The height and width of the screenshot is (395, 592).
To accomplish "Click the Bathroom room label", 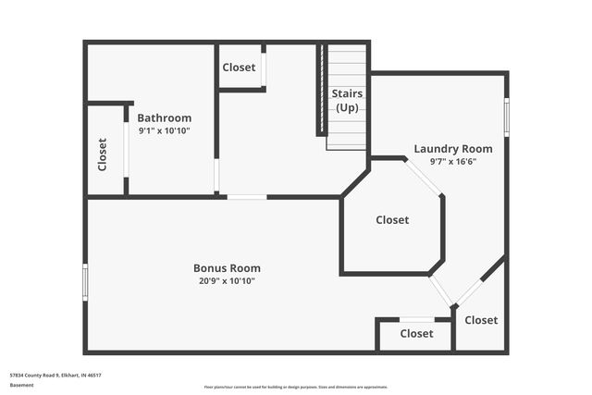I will (x=165, y=117).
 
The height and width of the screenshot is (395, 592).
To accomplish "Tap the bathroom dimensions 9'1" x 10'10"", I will (x=165, y=131).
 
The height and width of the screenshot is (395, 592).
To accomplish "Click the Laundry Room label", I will (x=452, y=148).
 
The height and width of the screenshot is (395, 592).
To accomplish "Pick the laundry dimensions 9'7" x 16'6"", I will (x=452, y=161).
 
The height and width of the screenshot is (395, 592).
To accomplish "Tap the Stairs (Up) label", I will (x=347, y=100).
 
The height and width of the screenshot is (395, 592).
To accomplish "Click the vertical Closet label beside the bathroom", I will (x=102, y=154).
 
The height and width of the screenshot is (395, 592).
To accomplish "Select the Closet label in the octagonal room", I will (x=392, y=220).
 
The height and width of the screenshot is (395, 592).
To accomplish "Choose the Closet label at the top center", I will (x=239, y=68).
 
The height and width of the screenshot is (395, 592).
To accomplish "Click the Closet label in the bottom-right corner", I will (x=481, y=320).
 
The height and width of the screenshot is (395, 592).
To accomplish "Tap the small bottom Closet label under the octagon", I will (x=417, y=334).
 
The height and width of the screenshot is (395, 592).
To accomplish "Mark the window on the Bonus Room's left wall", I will (x=85, y=281).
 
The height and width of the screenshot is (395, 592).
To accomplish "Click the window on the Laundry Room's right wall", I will (x=506, y=117).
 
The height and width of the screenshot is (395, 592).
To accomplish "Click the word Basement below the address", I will (x=20, y=386).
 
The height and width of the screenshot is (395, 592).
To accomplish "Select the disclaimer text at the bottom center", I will (x=295, y=387).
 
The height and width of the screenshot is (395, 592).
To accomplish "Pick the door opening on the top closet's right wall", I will (x=264, y=68).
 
